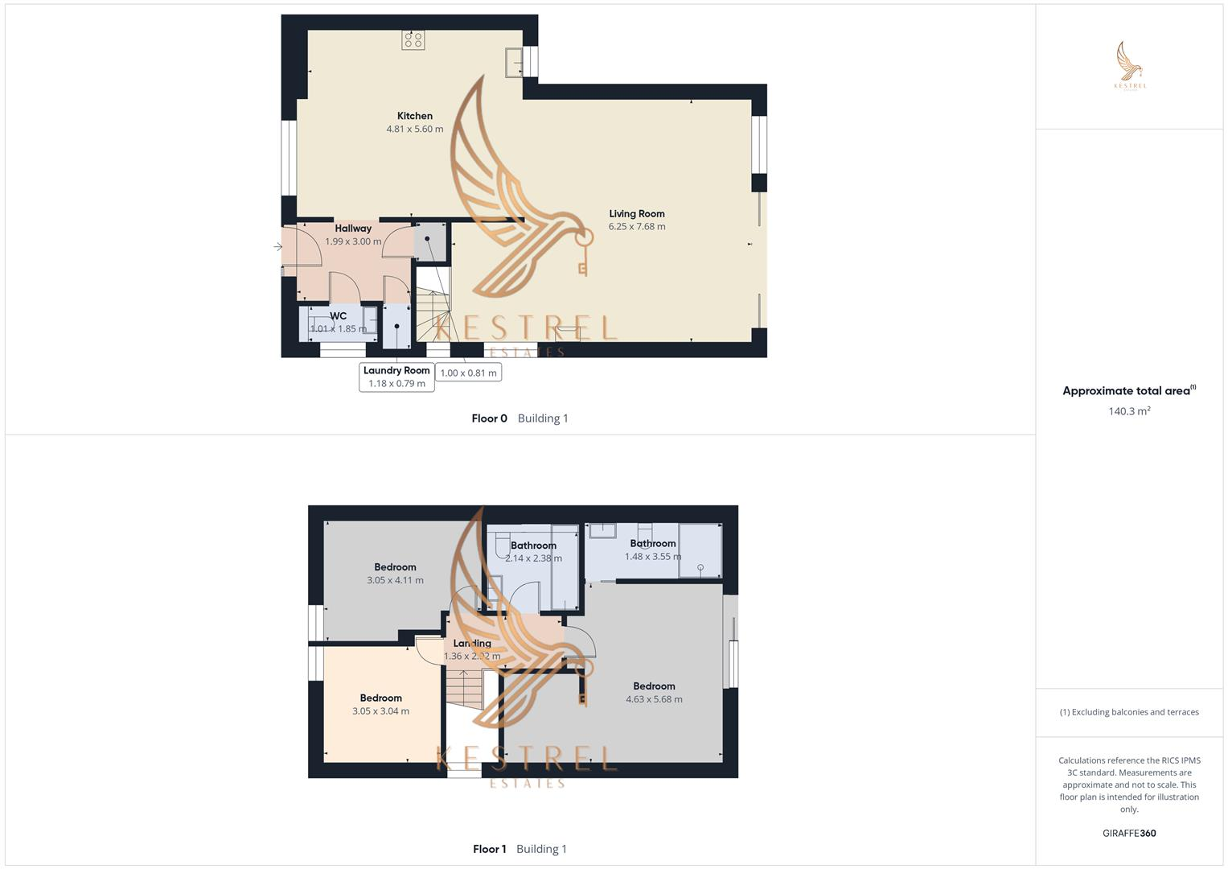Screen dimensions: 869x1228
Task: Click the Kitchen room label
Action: click(x=414, y=116)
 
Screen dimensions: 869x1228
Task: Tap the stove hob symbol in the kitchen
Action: click(x=414, y=39)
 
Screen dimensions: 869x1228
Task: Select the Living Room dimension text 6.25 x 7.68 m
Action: click(x=636, y=227)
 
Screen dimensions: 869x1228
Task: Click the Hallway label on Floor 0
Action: click(x=353, y=229)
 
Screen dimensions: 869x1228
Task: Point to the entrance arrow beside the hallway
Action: click(x=278, y=247)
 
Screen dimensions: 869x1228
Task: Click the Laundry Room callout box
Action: click(x=396, y=377)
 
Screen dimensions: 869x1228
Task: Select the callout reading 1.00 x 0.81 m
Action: click(x=469, y=373)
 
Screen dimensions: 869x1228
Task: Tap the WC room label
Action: click(x=338, y=316)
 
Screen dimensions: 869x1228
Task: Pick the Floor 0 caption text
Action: click(x=489, y=418)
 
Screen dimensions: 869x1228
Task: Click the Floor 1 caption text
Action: click(x=489, y=849)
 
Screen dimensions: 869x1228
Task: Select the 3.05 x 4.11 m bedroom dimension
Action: click(x=395, y=580)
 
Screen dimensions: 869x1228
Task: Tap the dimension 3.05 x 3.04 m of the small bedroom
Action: click(x=380, y=711)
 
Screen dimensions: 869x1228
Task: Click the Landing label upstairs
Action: click(x=472, y=644)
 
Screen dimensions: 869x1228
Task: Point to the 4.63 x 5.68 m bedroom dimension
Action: click(x=654, y=699)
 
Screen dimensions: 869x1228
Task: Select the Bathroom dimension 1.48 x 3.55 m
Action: click(x=652, y=557)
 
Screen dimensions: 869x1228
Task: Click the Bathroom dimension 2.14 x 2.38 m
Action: click(x=533, y=558)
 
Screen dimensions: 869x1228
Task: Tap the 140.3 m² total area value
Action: click(x=1129, y=411)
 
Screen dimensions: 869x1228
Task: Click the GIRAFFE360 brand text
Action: click(x=1129, y=834)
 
